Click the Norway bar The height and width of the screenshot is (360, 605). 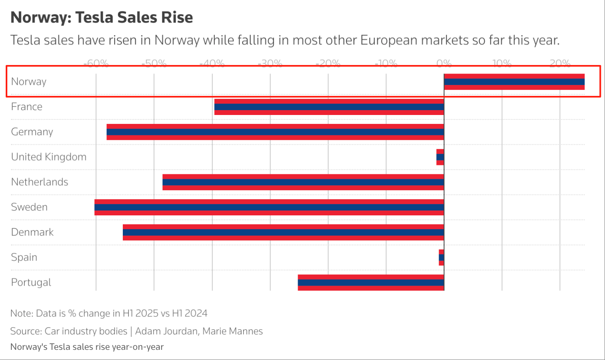(514, 82)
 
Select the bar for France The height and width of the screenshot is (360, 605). (329, 107)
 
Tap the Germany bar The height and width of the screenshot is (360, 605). (275, 132)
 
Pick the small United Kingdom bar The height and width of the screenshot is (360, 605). (440, 157)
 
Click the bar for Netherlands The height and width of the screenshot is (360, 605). (303, 182)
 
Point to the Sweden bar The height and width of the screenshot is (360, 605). (269, 207)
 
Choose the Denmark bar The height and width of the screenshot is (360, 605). (283, 232)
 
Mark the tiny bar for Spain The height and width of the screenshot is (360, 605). (442, 258)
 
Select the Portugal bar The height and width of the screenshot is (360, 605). (371, 282)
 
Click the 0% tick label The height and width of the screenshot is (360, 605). (444, 63)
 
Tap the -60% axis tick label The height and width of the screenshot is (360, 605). (96, 63)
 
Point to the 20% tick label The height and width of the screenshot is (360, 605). (560, 63)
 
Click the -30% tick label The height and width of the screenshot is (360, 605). (270, 63)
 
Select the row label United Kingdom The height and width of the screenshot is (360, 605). (49, 157)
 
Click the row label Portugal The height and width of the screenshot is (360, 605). (31, 282)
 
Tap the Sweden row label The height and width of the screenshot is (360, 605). (29, 207)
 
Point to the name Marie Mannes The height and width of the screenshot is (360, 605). (233, 331)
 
